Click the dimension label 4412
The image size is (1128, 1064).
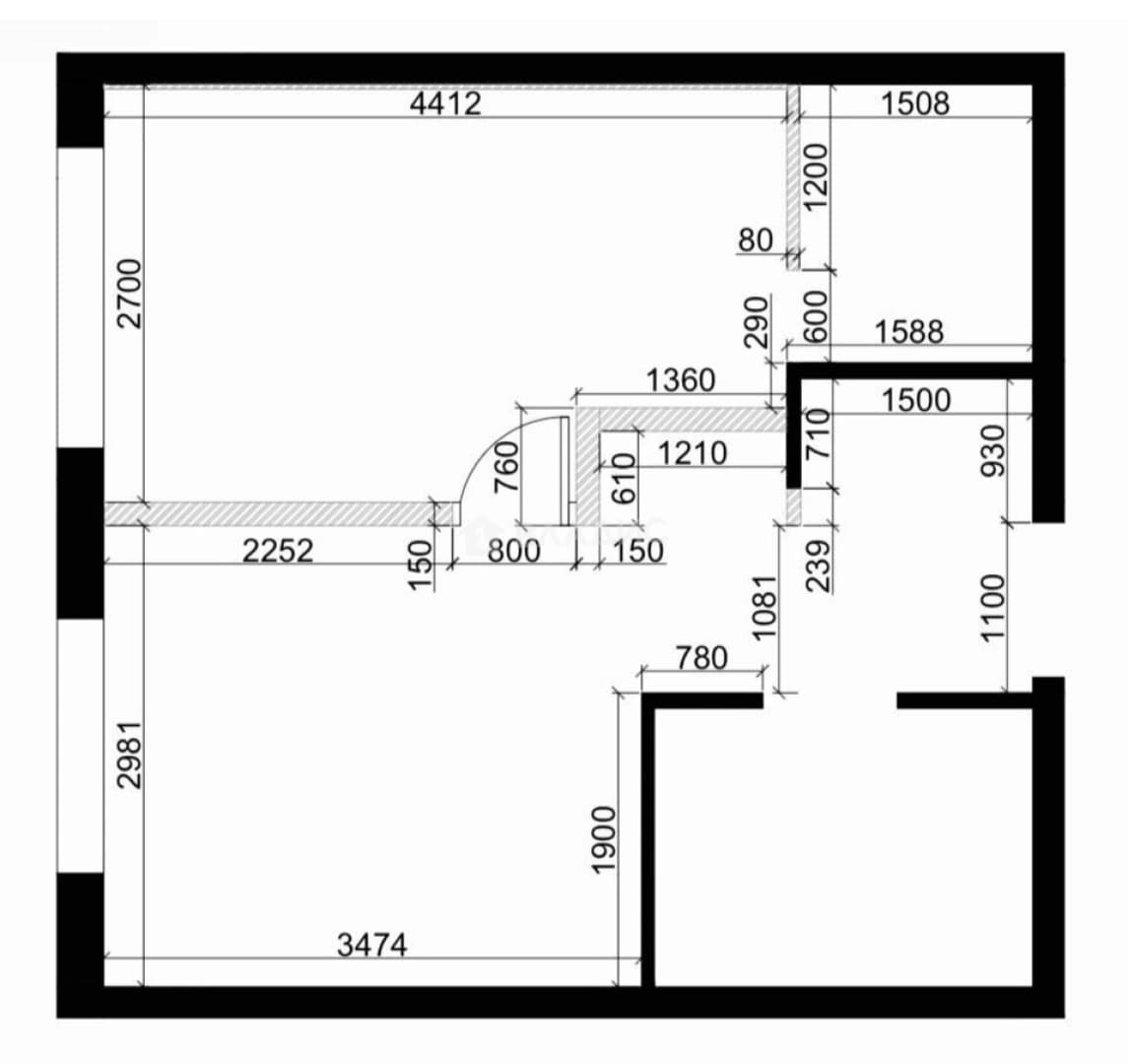click(x=445, y=103)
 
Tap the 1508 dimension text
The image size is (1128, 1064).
click(x=915, y=103)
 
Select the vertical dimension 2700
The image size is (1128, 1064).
click(x=130, y=294)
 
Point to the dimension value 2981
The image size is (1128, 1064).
click(x=130, y=755)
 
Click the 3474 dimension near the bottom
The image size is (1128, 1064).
click(x=372, y=945)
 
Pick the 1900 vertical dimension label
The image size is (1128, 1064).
click(x=604, y=839)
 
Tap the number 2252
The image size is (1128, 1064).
click(x=278, y=551)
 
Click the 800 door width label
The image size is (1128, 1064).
click(x=513, y=551)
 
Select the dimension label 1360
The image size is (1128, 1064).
click(x=681, y=380)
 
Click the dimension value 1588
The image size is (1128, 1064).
click(x=908, y=332)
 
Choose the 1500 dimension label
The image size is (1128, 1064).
click(x=916, y=400)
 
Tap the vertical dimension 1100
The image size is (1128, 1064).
click(x=992, y=607)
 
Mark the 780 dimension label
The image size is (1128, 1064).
click(x=701, y=658)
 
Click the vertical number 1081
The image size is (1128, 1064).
click(x=764, y=607)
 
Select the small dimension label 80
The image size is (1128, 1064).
click(x=756, y=240)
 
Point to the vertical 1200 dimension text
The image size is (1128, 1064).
click(x=816, y=177)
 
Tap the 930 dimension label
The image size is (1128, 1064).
click(x=993, y=450)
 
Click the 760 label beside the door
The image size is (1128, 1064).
click(x=507, y=466)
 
